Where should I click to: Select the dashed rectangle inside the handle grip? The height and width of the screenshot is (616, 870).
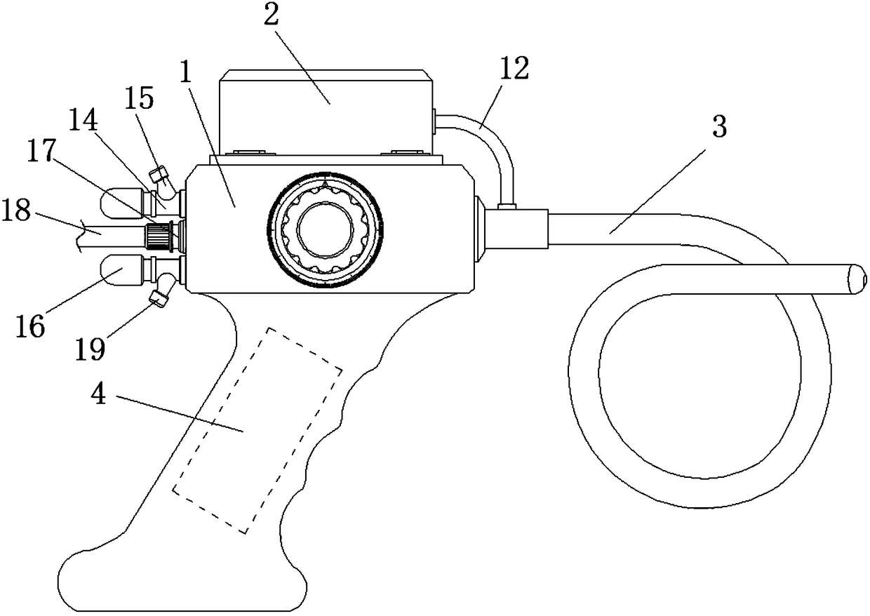tap(257, 430)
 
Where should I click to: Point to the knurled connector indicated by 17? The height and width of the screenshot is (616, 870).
tap(163, 235)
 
